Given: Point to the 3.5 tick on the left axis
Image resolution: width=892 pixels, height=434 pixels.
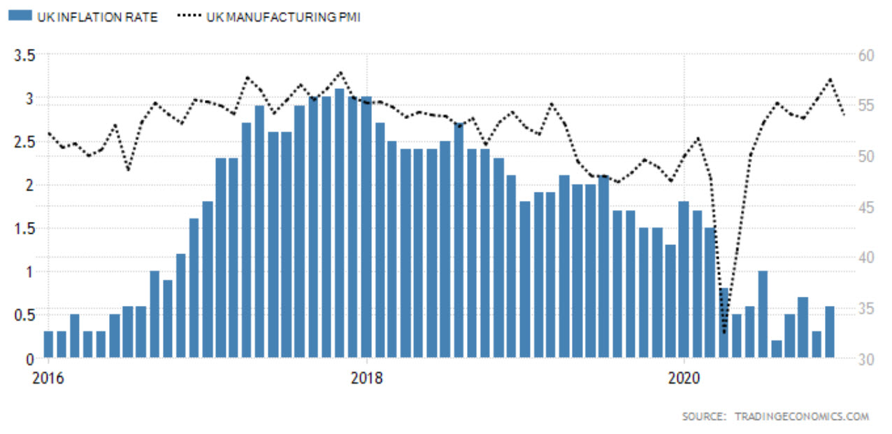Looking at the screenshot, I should coord(25,55).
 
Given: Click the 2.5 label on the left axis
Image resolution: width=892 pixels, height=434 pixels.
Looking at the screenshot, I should coord(25,142).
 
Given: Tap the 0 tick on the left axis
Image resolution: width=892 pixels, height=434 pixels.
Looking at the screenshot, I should coord(31,359).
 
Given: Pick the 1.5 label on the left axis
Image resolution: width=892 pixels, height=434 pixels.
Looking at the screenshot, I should coord(25,228).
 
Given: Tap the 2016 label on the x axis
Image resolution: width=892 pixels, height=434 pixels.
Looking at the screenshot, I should coord(48,379).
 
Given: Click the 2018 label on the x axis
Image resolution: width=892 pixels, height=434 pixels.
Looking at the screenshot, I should coord(366,379).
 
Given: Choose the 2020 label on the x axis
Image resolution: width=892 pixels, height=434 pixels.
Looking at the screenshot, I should coord(684,379).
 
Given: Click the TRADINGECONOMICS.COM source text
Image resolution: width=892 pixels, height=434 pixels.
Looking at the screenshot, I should coord(801,416).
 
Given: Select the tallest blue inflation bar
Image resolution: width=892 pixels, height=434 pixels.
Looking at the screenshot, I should coord(340,224).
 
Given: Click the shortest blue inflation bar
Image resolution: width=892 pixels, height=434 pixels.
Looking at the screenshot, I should coord(777,349).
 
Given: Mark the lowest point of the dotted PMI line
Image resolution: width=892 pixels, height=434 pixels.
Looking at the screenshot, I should coord(724,332).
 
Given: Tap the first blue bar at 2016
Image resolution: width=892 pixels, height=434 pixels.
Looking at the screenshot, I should coord(48,344).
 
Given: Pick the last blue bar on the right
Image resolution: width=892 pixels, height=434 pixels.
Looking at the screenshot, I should coord(830,332).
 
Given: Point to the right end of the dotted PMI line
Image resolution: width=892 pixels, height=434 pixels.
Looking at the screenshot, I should coord(844,114).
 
